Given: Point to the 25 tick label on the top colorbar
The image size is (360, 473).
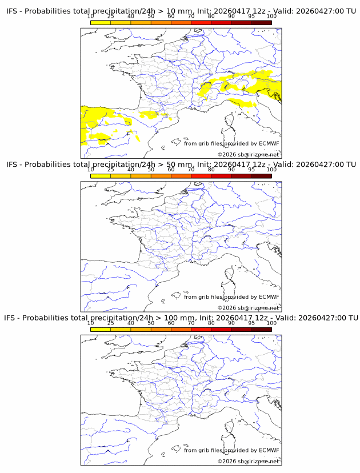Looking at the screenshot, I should (x=111, y=17).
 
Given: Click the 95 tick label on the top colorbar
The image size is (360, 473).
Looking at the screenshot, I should (x=251, y=17).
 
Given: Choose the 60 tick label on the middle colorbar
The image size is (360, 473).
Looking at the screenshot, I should (x=171, y=170).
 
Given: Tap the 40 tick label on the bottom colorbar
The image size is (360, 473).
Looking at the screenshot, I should (x=131, y=323).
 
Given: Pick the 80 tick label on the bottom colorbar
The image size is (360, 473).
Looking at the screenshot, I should (x=211, y=323).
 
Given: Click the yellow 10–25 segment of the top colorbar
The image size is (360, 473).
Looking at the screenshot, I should (x=101, y=22).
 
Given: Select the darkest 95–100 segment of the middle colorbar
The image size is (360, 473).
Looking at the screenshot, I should (x=261, y=175).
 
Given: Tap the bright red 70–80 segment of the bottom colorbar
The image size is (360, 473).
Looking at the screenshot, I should (x=201, y=328).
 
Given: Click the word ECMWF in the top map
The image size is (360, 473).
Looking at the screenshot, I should (x=269, y=143).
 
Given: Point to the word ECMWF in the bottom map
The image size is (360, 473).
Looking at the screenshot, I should (x=269, y=450).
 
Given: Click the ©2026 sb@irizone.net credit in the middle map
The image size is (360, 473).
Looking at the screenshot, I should (x=248, y=308).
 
